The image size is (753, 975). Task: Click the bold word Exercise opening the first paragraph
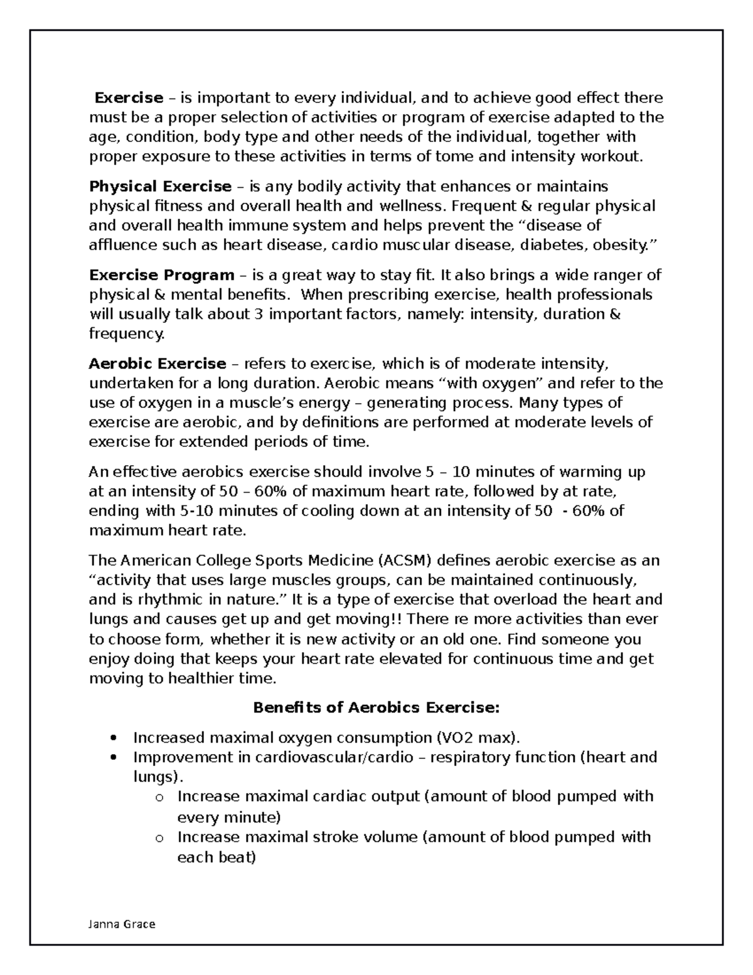tap(129, 98)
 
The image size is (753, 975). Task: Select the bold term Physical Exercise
tap(160, 186)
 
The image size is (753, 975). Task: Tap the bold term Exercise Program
tap(161, 275)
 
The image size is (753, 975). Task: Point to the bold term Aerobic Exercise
tap(158, 364)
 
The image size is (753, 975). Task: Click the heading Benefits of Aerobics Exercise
tap(376, 708)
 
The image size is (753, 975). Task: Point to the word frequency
tap(126, 334)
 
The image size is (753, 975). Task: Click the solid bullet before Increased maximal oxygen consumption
tap(113, 738)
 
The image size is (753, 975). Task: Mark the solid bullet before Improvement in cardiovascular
tap(113, 758)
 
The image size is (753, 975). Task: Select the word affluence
tap(122, 245)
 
